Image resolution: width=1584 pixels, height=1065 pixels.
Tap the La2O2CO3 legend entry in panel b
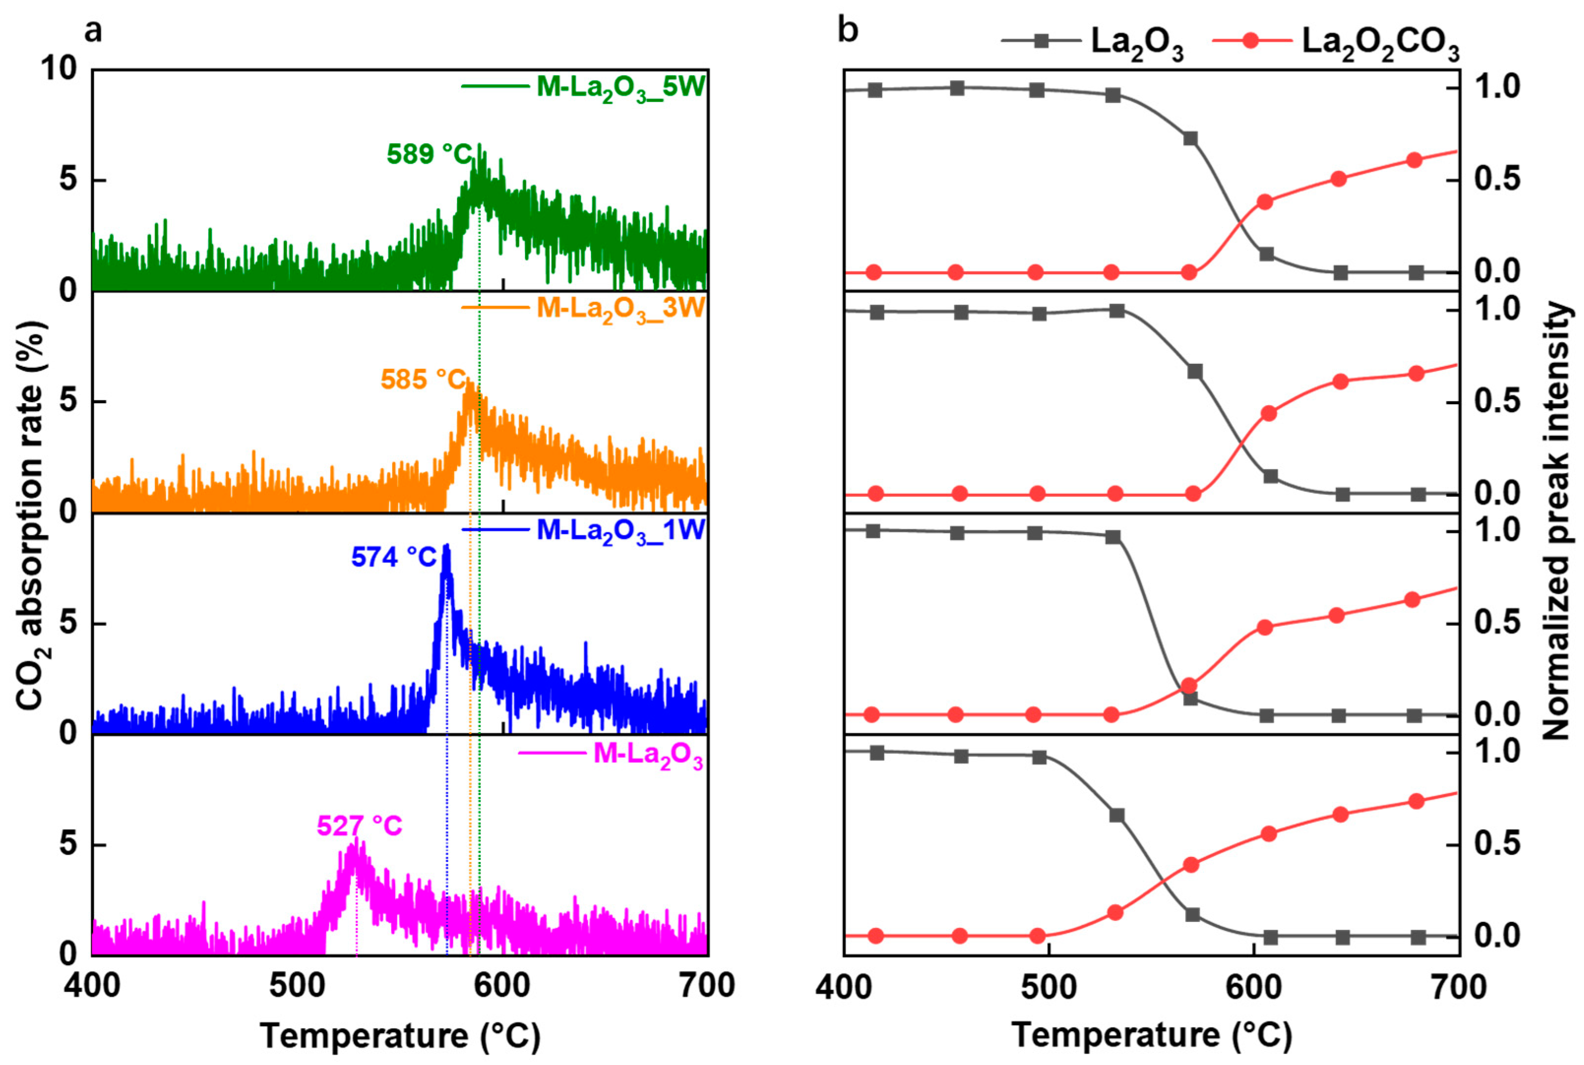1379,43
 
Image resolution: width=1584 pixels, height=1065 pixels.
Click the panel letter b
848,30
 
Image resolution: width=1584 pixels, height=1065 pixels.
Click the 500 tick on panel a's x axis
297,985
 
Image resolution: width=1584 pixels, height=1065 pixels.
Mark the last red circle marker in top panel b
1415,160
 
